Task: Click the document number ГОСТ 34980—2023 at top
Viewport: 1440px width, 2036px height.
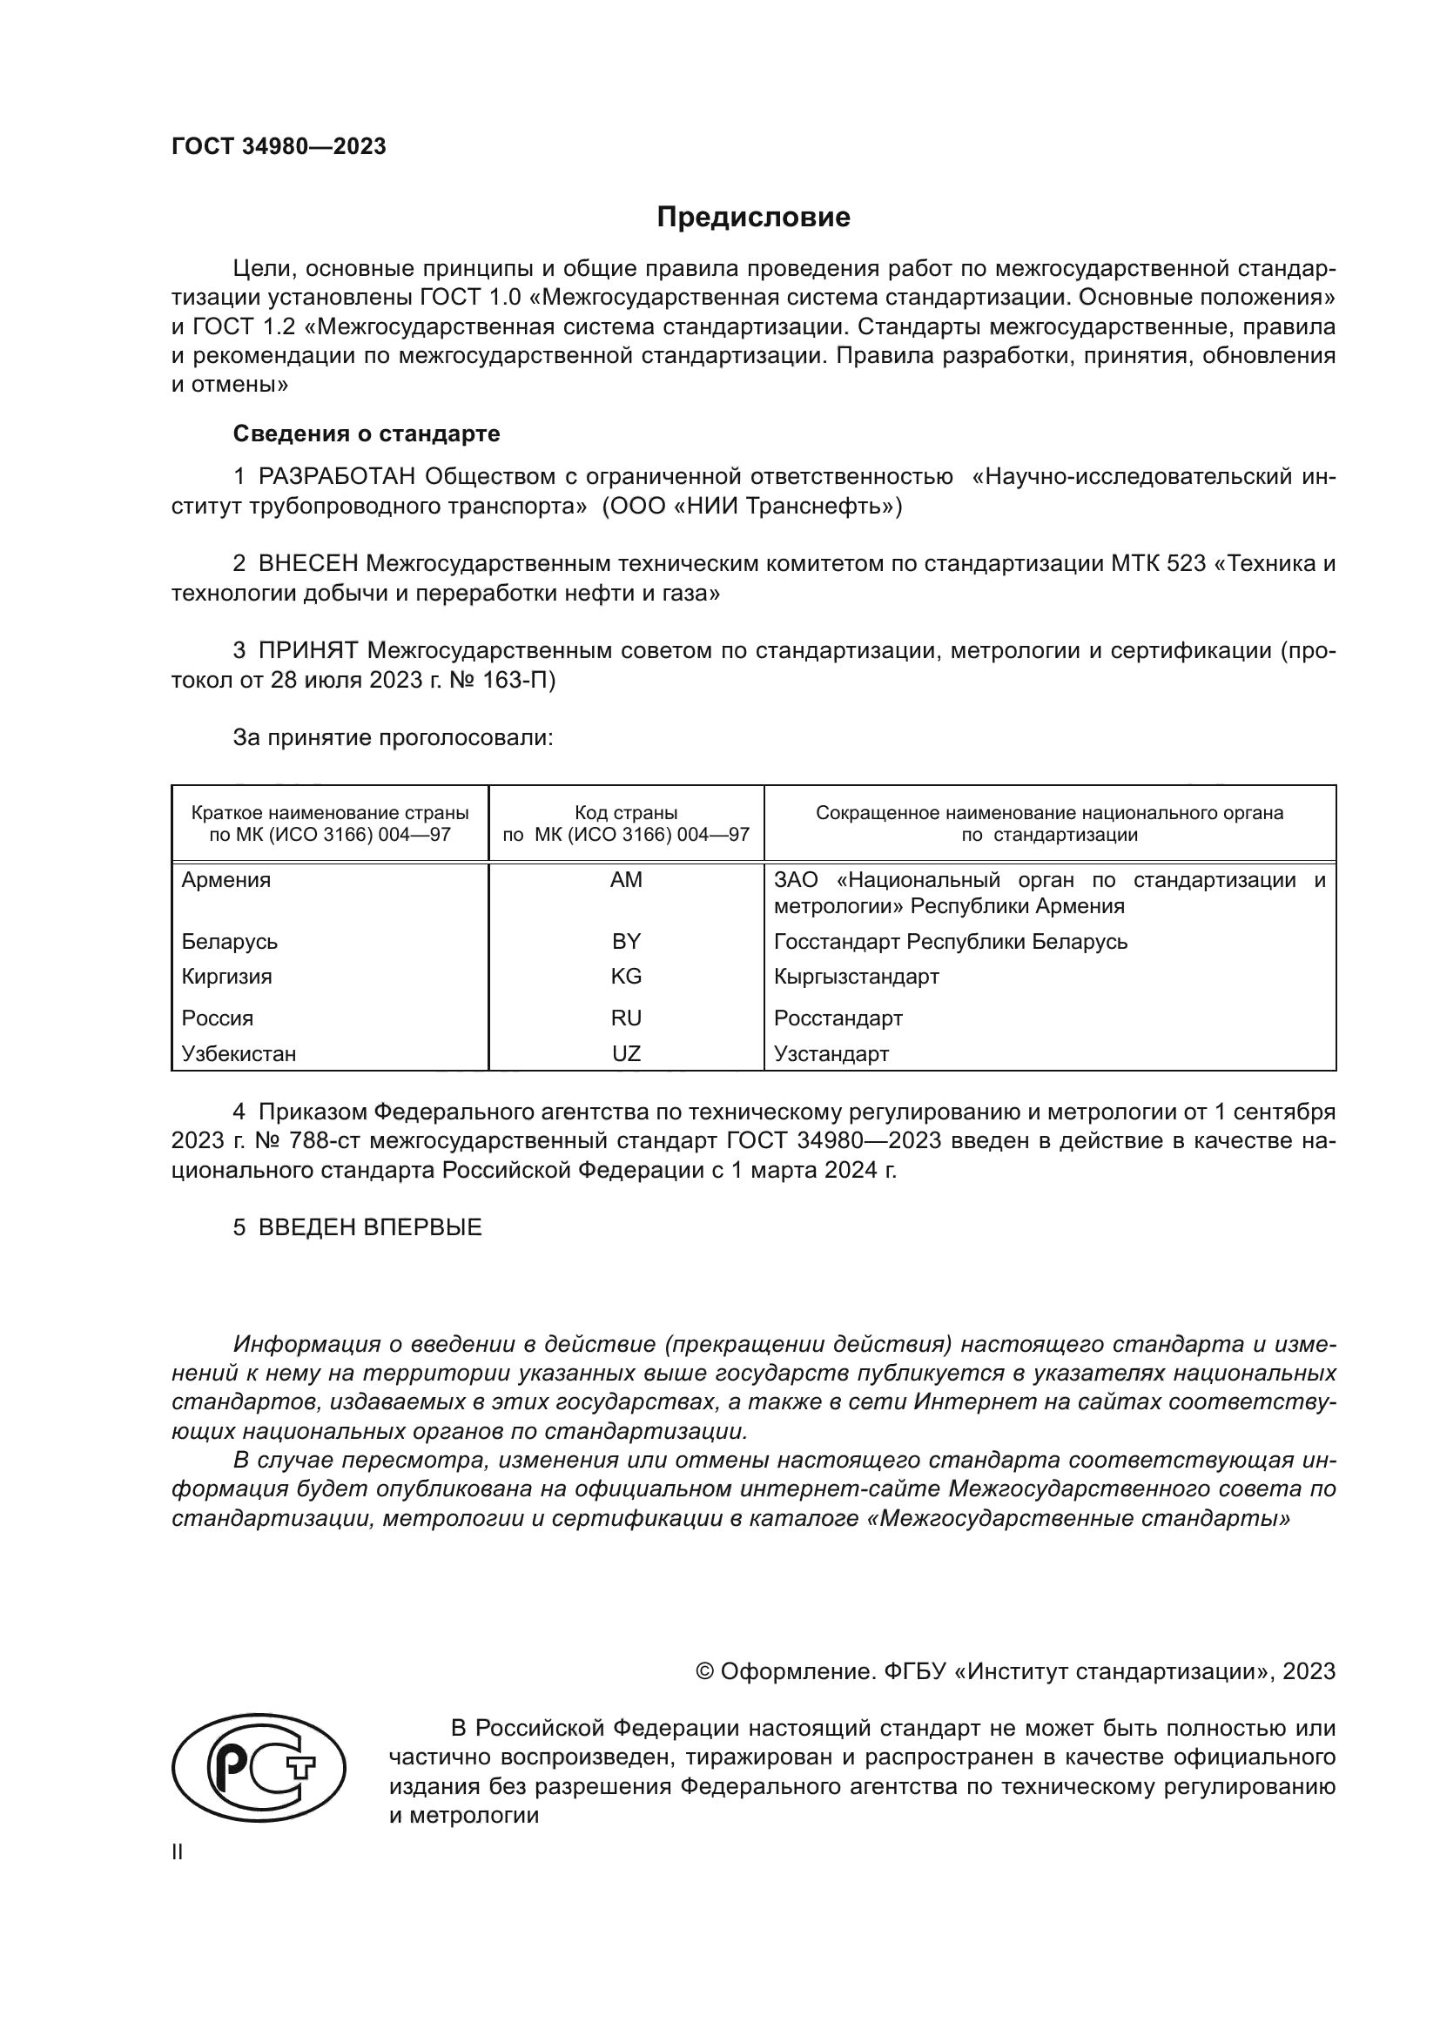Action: [279, 146]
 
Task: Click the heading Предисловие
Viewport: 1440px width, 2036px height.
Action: [753, 218]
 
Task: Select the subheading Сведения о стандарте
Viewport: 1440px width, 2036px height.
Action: [367, 433]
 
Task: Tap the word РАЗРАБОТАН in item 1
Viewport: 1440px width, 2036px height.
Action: [336, 477]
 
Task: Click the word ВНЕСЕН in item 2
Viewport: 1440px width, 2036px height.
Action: [307, 564]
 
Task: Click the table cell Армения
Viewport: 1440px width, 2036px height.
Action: [226, 880]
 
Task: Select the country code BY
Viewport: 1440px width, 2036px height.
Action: [626, 941]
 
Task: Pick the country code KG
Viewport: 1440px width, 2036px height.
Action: [626, 977]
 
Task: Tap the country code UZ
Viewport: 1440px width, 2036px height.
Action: [626, 1053]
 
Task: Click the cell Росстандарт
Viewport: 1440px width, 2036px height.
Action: [838, 1018]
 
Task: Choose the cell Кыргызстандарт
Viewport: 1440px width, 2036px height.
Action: [856, 977]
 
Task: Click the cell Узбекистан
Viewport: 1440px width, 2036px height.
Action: [239, 1053]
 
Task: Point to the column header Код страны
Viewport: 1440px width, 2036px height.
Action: [626, 812]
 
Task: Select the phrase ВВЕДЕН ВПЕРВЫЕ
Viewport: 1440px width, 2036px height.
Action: [370, 1227]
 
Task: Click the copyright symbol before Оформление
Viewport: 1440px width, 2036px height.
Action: [705, 1671]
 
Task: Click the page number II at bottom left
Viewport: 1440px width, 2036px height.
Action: [178, 1851]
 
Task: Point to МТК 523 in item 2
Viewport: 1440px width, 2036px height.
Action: [1158, 564]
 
